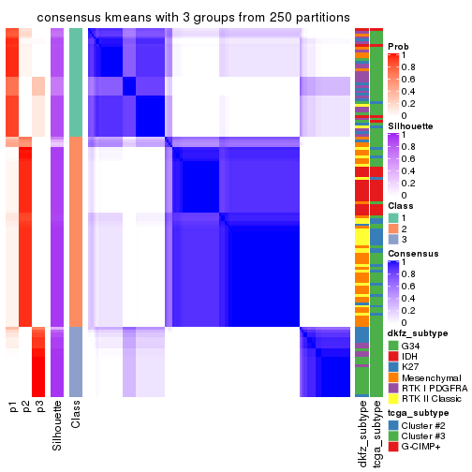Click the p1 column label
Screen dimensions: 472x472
click(12, 408)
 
